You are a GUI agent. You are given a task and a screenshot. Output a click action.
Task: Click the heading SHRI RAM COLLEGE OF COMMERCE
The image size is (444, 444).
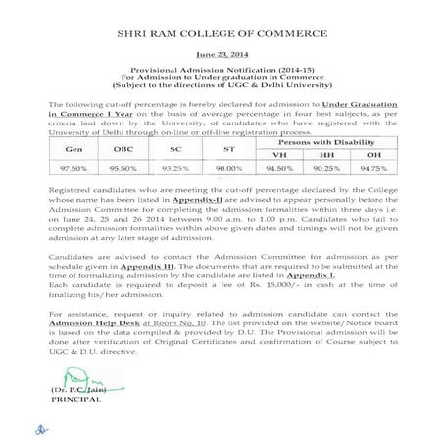[x=221, y=32]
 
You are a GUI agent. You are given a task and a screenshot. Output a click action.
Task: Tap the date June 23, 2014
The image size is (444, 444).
[x=221, y=58]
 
